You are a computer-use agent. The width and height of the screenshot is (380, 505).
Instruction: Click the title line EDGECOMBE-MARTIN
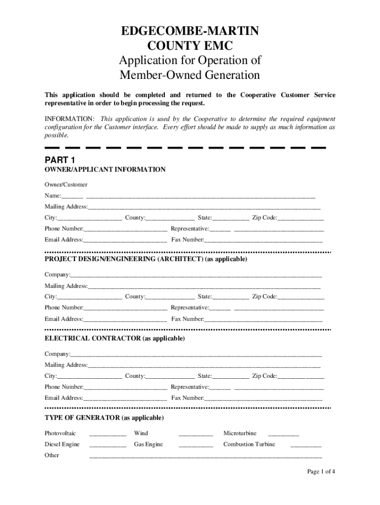click(190, 32)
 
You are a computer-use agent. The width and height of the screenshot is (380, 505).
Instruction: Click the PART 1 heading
click(60, 160)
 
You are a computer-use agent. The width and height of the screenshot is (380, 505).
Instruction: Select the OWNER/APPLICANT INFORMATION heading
click(105, 170)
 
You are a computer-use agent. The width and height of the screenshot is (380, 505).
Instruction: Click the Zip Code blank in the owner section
click(301, 218)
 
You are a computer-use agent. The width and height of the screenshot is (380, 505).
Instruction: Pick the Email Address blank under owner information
click(125, 241)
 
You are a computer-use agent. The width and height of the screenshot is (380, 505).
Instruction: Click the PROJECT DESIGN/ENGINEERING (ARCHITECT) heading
click(146, 259)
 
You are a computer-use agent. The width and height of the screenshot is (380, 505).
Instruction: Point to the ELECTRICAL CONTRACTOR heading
click(115, 339)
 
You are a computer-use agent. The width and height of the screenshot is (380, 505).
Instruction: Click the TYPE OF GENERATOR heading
click(104, 418)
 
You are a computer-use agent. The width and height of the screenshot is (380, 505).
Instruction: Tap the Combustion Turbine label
click(249, 444)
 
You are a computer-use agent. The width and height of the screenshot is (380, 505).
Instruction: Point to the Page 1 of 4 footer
click(321, 471)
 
